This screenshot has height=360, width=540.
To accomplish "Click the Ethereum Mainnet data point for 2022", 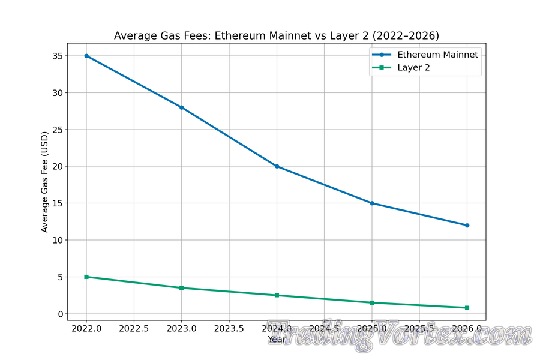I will point(86,56).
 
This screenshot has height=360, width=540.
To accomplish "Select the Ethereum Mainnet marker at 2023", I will point(182,107).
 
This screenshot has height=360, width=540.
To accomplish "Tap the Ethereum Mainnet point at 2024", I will point(277,166).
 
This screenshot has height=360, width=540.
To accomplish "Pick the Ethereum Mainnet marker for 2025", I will point(372,203).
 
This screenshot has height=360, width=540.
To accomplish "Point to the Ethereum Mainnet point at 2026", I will point(467,226).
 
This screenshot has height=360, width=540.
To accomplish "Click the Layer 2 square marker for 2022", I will point(86,277).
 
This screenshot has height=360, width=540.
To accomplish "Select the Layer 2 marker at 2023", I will point(182,288).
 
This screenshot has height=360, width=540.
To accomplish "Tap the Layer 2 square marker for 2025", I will point(372,302).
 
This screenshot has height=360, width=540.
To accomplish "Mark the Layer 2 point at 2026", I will point(467,308).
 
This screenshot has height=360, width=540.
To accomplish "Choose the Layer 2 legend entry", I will point(413,68).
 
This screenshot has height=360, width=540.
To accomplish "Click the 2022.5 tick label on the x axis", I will point(134,329).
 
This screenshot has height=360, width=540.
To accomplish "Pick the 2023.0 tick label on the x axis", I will point(182,329).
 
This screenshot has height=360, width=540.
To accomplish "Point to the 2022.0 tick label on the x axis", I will point(86,329).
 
